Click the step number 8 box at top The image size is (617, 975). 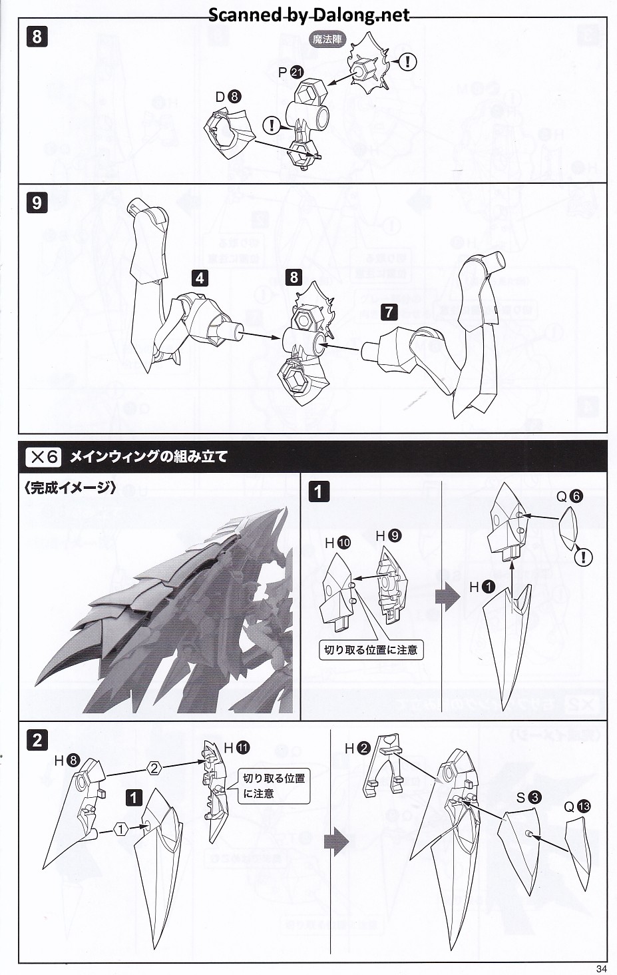coord(37,36)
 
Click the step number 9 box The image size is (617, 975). coord(37,202)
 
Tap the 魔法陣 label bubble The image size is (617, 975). coord(327,39)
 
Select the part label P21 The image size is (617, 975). coord(290,73)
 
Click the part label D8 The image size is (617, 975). coord(228,97)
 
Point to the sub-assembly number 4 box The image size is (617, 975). coord(200,278)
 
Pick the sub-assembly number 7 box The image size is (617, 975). coord(389,311)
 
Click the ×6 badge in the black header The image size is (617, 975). coord(43,457)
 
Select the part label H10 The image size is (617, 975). coord(337,543)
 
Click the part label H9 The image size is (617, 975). coord(388,535)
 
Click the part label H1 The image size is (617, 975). coord(482,587)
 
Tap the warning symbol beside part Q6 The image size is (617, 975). coord(583,557)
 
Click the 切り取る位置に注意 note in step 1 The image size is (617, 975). coord(371,649)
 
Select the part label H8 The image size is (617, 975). coord(67,760)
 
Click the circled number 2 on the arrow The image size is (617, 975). coord(154,768)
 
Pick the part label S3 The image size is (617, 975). coord(528,797)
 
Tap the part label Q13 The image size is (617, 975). coord(576,807)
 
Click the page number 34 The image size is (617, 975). coord(601,968)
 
